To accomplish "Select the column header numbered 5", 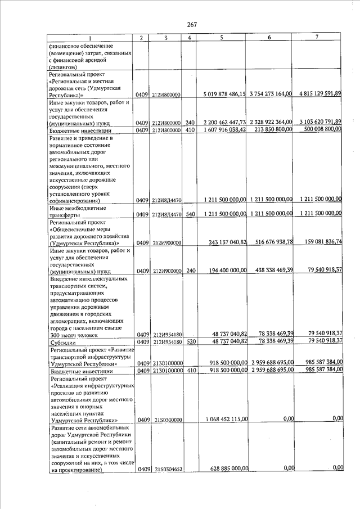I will click(x=222, y=37).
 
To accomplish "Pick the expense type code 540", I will click(x=190, y=214).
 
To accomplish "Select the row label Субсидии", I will click(x=61, y=341).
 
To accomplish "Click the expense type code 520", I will click(x=190, y=341).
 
